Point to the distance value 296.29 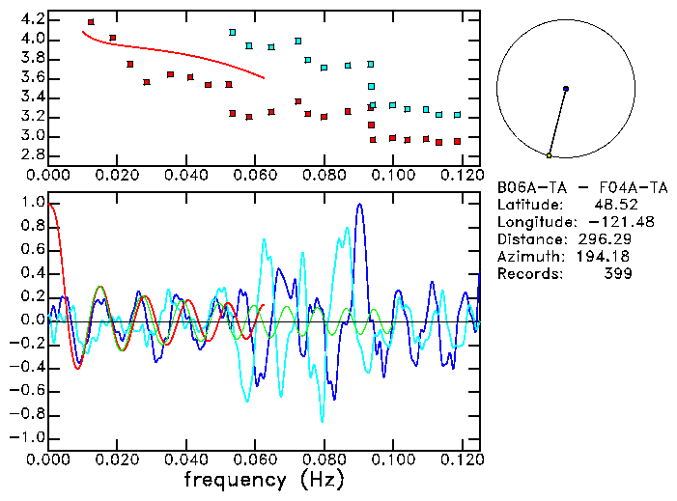click(605, 238)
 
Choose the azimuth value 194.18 click(605, 256)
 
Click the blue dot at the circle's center click(565, 89)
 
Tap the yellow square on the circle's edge click(549, 155)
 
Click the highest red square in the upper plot click(91, 22)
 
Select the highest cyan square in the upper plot click(232, 33)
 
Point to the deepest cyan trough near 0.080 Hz click(323, 420)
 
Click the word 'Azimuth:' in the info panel click(527, 256)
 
